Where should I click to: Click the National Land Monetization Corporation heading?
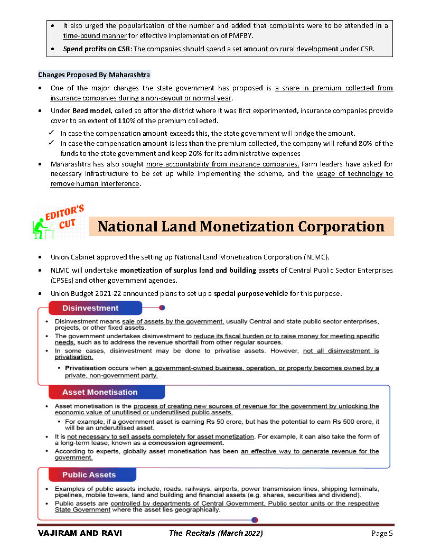(x=241, y=227)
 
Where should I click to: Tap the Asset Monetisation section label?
(x=100, y=392)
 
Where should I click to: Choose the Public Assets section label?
(x=89, y=475)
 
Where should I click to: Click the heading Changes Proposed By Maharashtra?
(x=94, y=75)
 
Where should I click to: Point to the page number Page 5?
(x=382, y=533)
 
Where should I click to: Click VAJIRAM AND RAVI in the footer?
(x=80, y=533)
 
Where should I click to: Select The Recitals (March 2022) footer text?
(x=215, y=533)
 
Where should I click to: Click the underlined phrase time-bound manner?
(x=95, y=36)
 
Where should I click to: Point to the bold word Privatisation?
(x=85, y=368)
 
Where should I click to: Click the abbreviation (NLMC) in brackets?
(x=315, y=257)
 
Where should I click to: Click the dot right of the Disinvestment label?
(x=162, y=307)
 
